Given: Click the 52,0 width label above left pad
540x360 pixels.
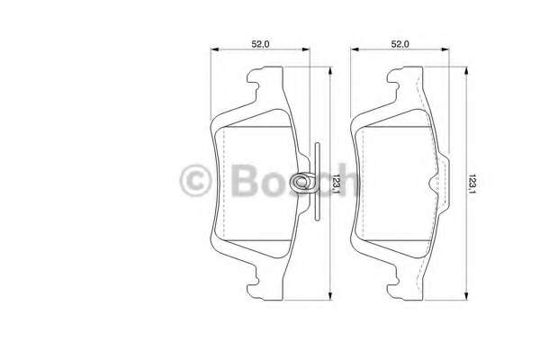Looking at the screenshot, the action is coord(260,44).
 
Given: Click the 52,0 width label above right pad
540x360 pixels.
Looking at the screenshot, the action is coord(400,44).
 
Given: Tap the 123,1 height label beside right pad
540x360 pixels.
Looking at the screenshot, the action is coord(472,184).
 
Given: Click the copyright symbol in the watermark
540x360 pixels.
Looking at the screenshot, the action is coord(195,180).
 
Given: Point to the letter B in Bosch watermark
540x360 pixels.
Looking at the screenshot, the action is coord(244,180).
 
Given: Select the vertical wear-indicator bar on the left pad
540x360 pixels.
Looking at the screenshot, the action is coord(317,181).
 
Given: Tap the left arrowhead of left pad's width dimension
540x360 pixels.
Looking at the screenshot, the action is coord(214,49).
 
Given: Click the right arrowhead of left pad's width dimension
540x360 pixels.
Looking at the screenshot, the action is coord(306,49).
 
